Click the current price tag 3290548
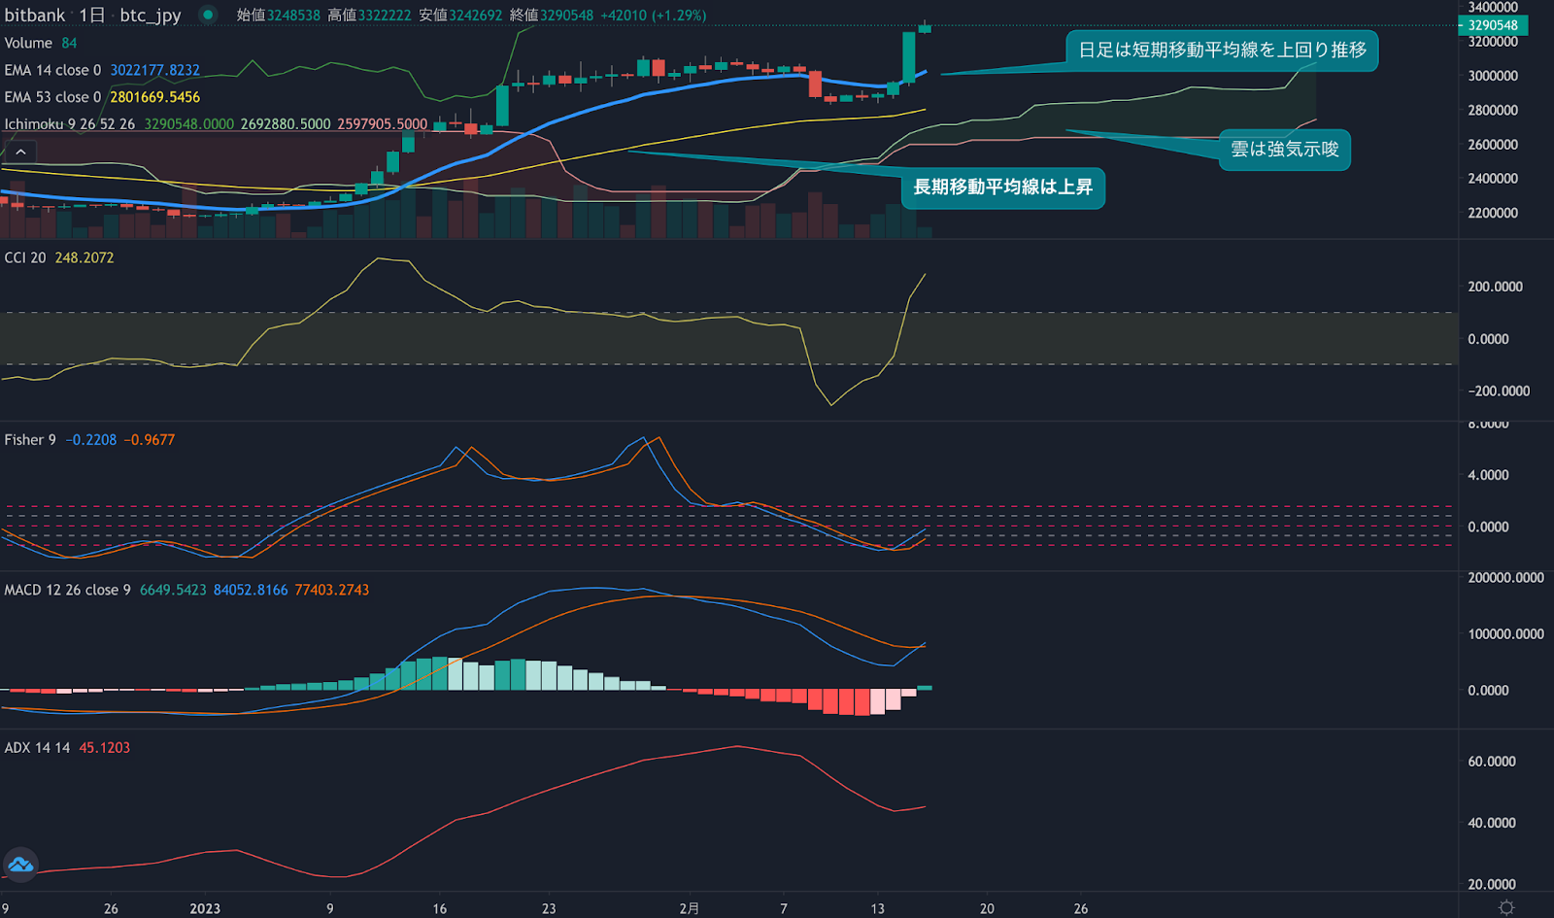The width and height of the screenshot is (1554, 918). click(x=1493, y=25)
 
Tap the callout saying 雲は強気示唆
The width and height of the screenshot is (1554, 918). click(x=1284, y=150)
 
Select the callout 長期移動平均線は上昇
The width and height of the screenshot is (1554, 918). click(x=1002, y=187)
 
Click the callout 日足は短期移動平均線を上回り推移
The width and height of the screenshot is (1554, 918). click(x=1222, y=50)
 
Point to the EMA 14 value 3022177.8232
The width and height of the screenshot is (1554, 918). click(x=154, y=70)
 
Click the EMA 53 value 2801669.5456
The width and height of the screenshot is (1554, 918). click(x=154, y=97)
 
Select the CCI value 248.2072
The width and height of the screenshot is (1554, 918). click(x=84, y=257)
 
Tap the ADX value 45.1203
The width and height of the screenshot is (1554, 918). click(x=104, y=747)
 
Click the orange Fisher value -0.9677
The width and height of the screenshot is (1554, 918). click(x=150, y=440)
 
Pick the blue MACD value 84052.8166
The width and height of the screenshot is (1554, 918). click(x=251, y=590)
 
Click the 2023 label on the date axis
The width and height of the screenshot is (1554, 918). click(x=205, y=908)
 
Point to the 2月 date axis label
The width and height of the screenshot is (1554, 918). click(x=689, y=908)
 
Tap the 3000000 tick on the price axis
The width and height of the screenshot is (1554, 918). click(x=1493, y=76)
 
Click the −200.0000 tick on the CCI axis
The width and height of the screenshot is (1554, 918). click(x=1499, y=391)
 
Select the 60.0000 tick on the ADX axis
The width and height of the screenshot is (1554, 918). click(x=1492, y=762)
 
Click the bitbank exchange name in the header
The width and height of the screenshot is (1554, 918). click(x=35, y=15)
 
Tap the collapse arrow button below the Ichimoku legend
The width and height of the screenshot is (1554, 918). click(x=20, y=152)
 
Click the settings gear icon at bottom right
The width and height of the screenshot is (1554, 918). click(x=1506, y=907)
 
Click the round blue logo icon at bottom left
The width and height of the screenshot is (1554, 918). click(x=20, y=865)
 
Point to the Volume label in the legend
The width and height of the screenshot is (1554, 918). click(x=28, y=43)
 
